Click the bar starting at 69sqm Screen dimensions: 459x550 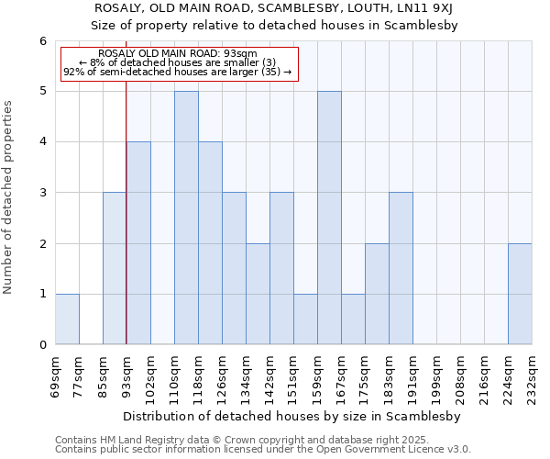pyautogui.click(x=67, y=319)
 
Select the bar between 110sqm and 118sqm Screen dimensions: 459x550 pyautogui.click(x=186, y=218)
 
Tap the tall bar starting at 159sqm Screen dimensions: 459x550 pyautogui.click(x=329, y=218)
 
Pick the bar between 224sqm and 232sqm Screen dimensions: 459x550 pyautogui.click(x=520, y=294)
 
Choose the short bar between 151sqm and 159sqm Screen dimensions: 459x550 pyautogui.click(x=305, y=319)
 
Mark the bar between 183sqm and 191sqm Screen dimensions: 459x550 pyautogui.click(x=401, y=268)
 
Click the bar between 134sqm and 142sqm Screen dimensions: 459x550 pyautogui.click(x=258, y=294)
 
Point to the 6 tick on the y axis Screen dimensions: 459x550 pyautogui.click(x=42, y=41)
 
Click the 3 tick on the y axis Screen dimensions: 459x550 pyautogui.click(x=42, y=193)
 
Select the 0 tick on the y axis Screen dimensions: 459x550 pyautogui.click(x=42, y=344)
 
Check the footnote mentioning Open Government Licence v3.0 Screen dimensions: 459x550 pyautogui.click(x=263, y=450)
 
